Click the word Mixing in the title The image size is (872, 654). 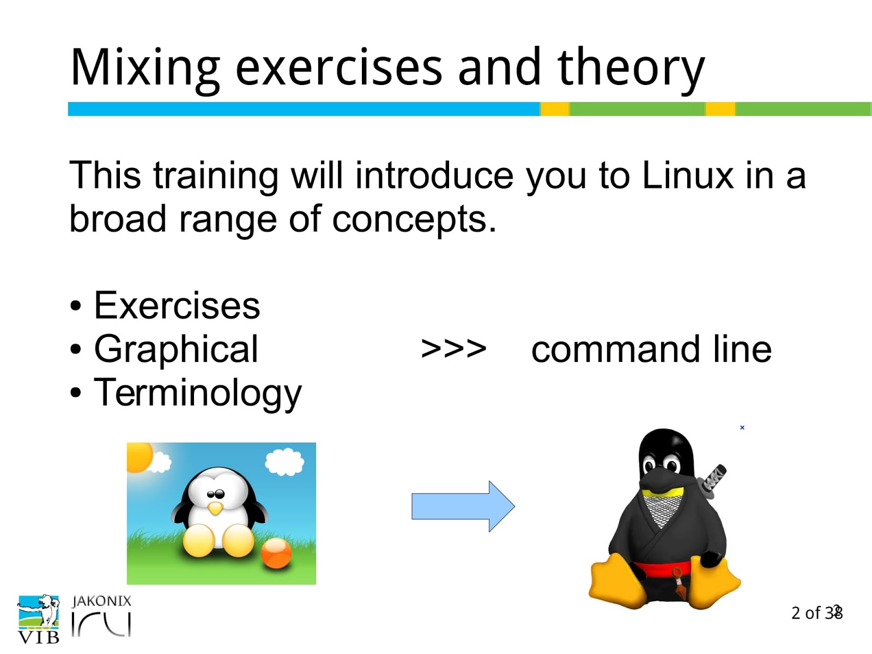click(x=145, y=68)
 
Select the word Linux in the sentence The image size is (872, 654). click(x=687, y=175)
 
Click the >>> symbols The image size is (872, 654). click(x=453, y=349)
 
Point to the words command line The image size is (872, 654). click(x=651, y=349)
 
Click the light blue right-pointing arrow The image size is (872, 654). click(x=463, y=506)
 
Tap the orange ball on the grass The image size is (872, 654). click(x=276, y=554)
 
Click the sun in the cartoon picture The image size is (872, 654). click(x=139, y=457)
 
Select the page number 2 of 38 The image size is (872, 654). click(x=817, y=613)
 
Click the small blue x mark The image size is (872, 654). click(x=742, y=428)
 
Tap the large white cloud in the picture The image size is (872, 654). click(x=284, y=462)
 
